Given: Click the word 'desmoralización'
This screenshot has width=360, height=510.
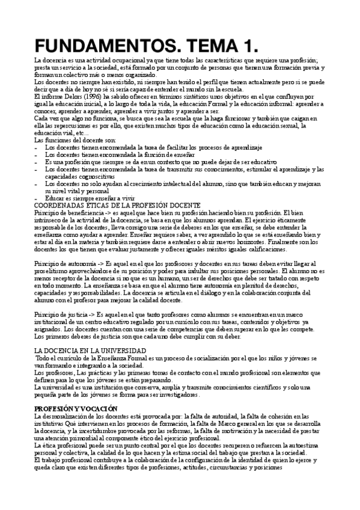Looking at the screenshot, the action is click(70, 416).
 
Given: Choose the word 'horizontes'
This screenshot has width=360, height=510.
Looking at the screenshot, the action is click(278, 242).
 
